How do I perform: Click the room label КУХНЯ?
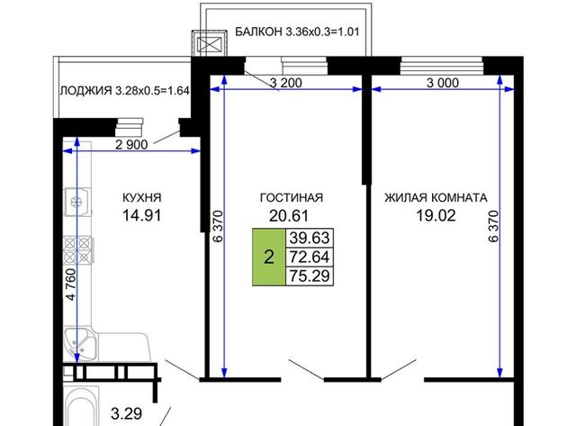142,198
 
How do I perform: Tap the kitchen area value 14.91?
142,215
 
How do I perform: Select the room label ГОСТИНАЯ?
292,198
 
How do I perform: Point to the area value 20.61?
289,216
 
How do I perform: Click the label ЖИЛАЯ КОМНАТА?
436,198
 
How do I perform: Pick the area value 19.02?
436,215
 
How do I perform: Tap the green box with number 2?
269,257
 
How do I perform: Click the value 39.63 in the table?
310,238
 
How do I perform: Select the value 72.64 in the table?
310,257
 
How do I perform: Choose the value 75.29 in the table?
310,276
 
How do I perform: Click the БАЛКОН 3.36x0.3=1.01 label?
297,32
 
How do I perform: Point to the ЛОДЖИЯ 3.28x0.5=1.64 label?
124,90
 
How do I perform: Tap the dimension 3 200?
286,83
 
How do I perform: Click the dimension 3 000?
443,83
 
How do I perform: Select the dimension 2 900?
131,145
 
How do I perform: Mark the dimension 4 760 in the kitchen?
71,285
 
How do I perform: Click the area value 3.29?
126,414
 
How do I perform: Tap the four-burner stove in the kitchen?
78,250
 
